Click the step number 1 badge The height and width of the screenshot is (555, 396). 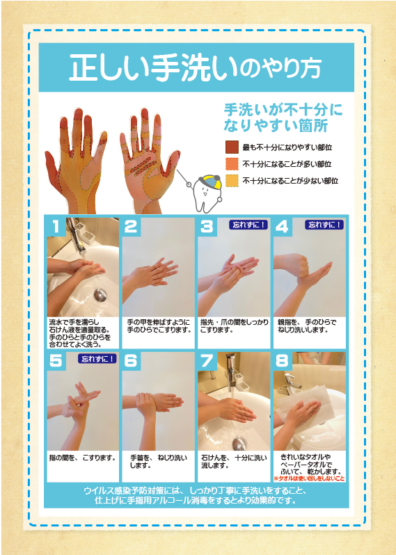point(56,226)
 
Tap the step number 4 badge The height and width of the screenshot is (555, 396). point(282,226)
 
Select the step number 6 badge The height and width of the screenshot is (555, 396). point(131,361)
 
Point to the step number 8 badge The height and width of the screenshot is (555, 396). point(282,361)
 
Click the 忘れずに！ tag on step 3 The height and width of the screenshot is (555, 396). point(248,225)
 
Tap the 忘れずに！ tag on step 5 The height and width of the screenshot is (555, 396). point(97,359)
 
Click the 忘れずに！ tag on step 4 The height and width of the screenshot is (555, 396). point(324,225)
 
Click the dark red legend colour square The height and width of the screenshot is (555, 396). point(232,147)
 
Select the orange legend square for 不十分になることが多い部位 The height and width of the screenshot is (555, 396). point(232,164)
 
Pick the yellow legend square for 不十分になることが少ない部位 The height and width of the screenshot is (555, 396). point(232,181)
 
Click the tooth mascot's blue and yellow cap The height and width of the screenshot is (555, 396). point(211,181)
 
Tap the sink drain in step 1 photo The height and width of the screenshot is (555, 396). point(100,295)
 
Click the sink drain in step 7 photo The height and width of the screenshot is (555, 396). point(239,443)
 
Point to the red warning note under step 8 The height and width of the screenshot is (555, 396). point(309,478)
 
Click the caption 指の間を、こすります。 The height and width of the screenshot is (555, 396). point(83,458)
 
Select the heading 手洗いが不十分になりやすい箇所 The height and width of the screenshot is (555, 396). point(283,118)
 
